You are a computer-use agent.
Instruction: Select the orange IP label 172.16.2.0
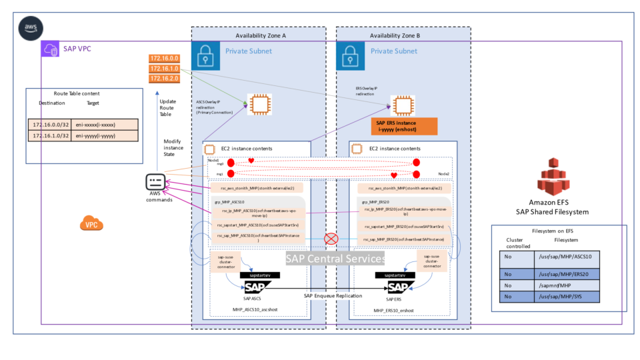click(x=163, y=78)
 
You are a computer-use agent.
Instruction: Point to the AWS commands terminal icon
click(x=155, y=183)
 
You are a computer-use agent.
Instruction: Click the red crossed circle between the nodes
click(x=329, y=239)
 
